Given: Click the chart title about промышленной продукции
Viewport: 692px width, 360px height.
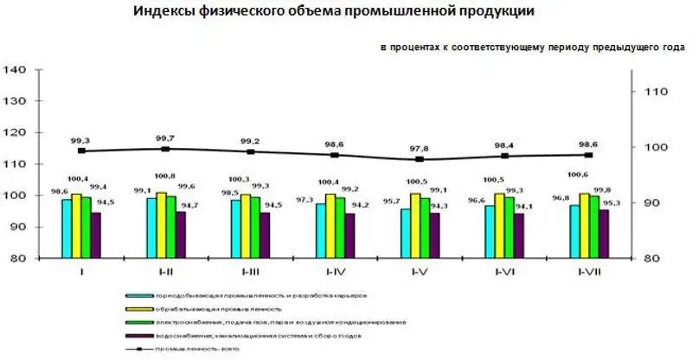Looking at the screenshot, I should (x=334, y=12).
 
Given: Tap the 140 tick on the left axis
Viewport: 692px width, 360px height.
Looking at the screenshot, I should (x=17, y=70).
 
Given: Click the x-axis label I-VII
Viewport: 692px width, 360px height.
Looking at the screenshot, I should (x=589, y=271).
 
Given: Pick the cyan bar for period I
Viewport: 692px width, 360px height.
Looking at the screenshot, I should (x=66, y=229).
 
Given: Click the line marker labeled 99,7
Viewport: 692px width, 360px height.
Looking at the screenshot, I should (x=164, y=149).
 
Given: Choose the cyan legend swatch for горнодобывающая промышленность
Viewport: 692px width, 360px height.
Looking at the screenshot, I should (x=133, y=294).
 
